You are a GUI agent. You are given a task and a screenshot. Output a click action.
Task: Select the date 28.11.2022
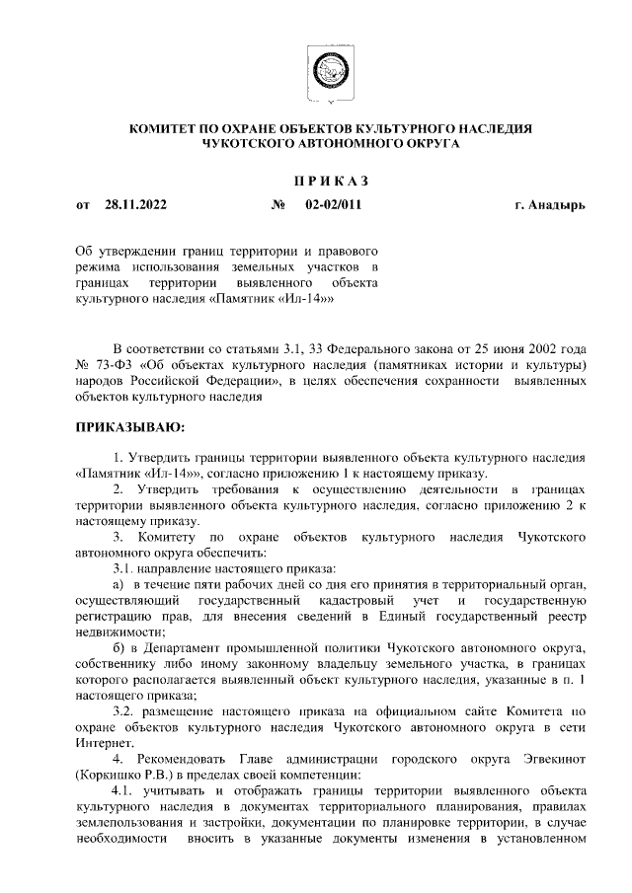click(135, 205)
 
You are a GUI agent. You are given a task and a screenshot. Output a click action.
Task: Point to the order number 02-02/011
click(333, 205)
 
